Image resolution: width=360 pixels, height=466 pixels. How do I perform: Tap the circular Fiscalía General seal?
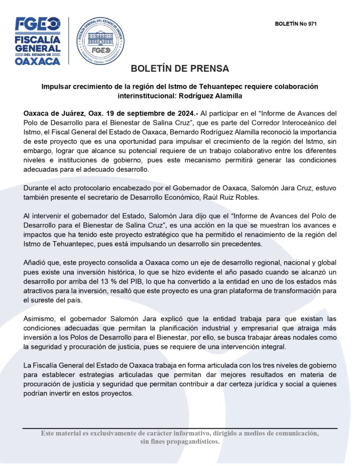(x=100, y=41)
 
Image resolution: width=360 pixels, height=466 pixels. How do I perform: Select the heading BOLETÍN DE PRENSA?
(x=180, y=69)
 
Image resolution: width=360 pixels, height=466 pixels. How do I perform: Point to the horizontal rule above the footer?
(x=180, y=428)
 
